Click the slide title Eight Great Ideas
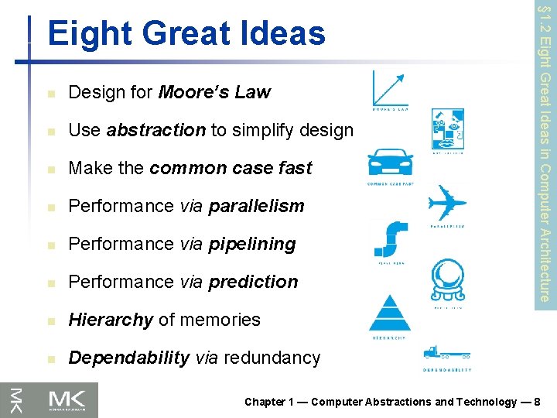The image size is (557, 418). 186,34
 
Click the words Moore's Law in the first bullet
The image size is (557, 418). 214,92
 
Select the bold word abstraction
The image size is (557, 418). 156,130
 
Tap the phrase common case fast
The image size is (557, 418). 231,168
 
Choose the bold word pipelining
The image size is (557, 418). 251,244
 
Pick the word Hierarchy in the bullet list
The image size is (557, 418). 111,320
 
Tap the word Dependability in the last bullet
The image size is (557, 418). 129,358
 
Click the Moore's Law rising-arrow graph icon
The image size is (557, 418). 390,87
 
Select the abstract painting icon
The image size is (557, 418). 448,128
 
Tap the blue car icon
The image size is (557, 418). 390,164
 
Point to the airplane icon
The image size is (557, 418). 447,203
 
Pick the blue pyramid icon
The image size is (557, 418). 390,313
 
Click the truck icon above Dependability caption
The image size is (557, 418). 446,355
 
